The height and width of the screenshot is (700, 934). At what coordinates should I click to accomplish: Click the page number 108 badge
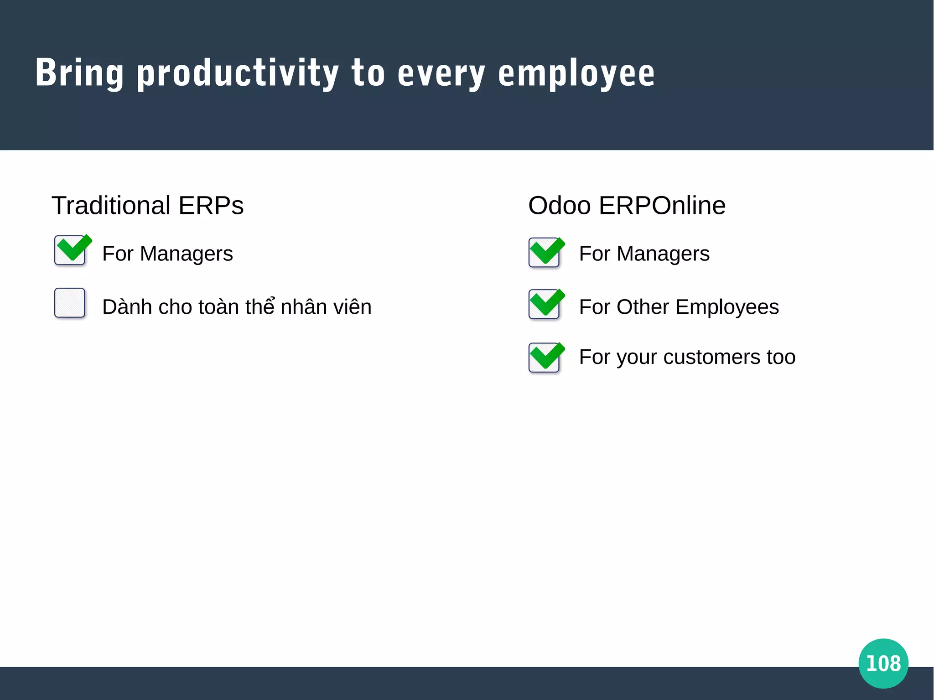tap(883, 663)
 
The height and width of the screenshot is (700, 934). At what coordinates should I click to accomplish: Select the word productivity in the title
tap(238, 74)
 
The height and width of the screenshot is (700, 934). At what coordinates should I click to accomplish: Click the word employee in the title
tap(576, 74)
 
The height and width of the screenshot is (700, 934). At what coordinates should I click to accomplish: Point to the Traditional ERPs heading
tap(147, 206)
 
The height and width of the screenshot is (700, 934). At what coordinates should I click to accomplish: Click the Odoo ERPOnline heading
tap(627, 206)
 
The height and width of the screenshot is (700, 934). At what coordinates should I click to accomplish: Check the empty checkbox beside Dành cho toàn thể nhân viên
tap(70, 303)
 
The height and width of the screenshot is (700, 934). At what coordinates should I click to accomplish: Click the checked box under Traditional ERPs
tap(70, 250)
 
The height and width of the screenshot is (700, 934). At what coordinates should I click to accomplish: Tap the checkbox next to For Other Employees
tap(544, 304)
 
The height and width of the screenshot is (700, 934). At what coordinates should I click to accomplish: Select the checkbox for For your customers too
tap(544, 358)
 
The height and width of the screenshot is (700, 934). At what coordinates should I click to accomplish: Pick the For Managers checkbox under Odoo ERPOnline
tap(544, 252)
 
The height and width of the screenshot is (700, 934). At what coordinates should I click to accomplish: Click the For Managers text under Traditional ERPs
tap(167, 254)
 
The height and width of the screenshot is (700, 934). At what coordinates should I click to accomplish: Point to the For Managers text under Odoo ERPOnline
tap(644, 254)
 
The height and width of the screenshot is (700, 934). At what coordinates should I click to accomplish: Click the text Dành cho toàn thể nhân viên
tap(237, 306)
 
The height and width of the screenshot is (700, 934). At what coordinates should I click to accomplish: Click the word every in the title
tap(441, 74)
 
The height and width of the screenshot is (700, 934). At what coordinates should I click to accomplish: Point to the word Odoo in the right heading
tap(560, 206)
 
